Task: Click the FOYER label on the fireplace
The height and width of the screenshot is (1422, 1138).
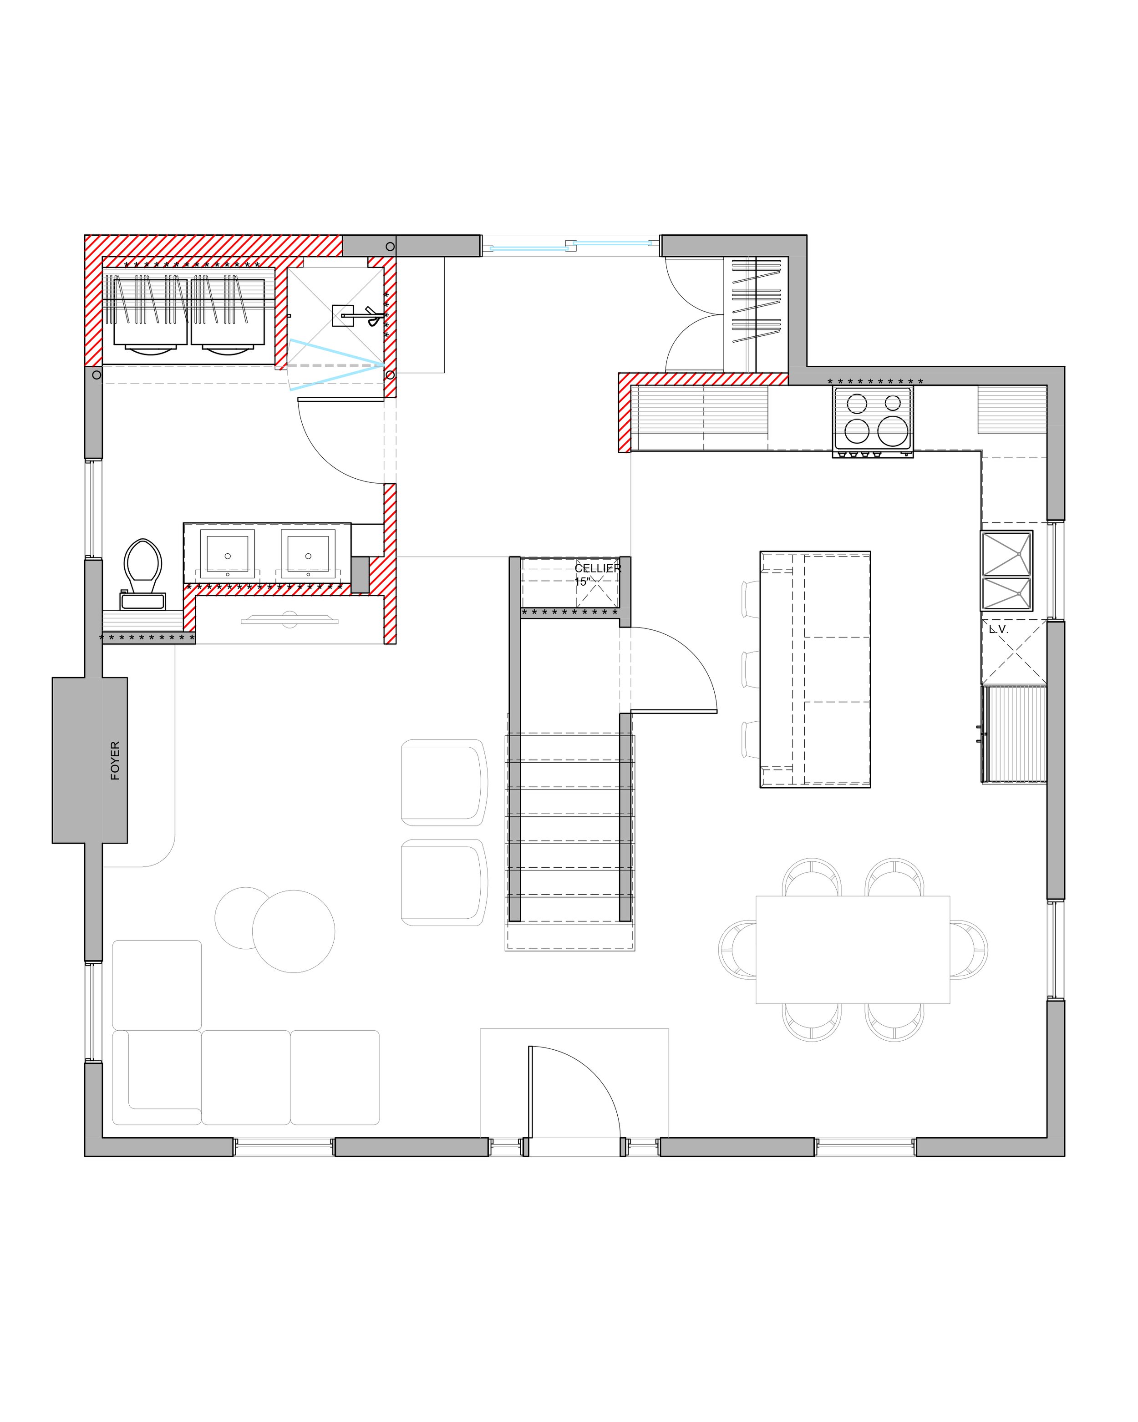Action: [x=116, y=760]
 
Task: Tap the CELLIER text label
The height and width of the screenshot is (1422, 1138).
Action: [x=598, y=568]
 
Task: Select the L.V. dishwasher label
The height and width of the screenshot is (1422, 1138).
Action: [x=999, y=630]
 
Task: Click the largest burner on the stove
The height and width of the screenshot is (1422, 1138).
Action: [x=893, y=431]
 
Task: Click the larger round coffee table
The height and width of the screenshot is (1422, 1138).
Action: [x=294, y=931]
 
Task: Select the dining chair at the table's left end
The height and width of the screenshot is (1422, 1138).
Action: [x=737, y=950]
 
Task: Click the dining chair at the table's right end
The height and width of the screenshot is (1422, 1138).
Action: [x=969, y=950]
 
